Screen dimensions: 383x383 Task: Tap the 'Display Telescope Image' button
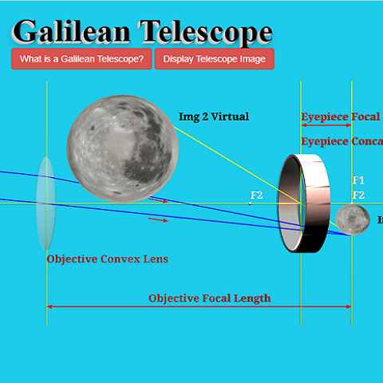214,59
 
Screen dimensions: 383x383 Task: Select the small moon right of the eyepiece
351,219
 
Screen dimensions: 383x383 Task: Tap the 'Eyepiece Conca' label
341,141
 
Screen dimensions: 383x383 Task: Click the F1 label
358,181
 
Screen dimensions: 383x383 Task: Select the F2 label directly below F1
358,195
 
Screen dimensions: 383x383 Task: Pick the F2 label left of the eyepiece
256,195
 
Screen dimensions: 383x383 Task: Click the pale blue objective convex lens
46,203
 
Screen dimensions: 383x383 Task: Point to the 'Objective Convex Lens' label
107,259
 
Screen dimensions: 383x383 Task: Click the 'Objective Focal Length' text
209,298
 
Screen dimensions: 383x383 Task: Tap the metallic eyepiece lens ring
305,203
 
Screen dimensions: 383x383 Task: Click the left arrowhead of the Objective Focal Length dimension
50,306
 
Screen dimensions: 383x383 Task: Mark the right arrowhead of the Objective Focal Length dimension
348,306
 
